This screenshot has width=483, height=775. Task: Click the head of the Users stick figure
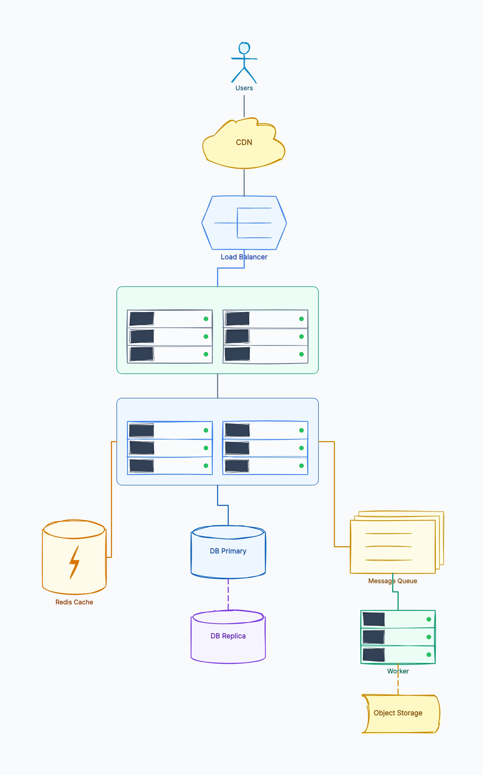point(244,48)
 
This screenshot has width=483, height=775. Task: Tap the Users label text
point(244,88)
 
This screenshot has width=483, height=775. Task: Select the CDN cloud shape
point(244,143)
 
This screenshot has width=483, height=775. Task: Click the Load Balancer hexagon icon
point(244,223)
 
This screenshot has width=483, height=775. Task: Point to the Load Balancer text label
point(244,257)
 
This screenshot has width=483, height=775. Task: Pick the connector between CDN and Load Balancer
point(244,182)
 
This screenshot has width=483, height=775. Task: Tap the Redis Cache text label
point(74,602)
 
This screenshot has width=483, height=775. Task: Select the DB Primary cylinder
point(228,552)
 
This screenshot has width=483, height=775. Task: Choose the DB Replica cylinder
point(228,637)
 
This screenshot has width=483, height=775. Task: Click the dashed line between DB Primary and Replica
point(228,594)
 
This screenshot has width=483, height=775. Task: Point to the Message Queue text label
point(393,581)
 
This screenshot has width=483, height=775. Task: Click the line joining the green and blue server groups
point(218,386)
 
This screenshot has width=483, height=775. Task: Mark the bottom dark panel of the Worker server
point(374,655)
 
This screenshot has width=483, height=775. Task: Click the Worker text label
point(398,671)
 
